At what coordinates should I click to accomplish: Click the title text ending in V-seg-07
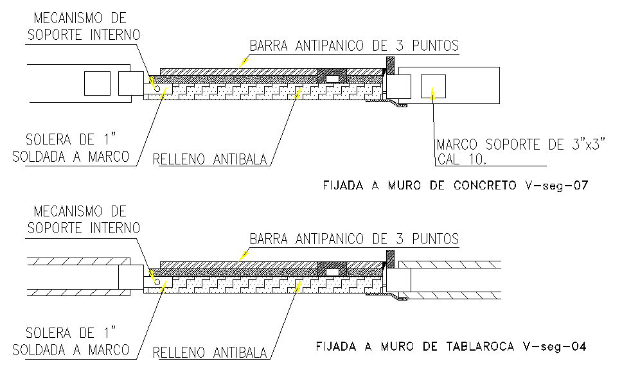(x=455, y=186)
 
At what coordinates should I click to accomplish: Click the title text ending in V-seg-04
(x=450, y=347)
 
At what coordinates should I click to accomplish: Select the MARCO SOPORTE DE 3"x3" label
(x=521, y=145)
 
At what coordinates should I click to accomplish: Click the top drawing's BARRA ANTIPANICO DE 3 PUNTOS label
(x=354, y=46)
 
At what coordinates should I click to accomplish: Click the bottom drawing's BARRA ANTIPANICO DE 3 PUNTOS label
(x=354, y=239)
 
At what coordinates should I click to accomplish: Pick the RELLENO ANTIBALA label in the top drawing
(x=209, y=159)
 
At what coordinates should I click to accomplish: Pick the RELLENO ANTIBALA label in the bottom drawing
(x=209, y=352)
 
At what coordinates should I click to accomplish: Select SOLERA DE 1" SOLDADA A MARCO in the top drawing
(x=71, y=147)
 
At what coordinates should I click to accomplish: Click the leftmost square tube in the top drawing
(x=98, y=84)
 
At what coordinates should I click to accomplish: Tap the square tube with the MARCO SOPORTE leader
(x=433, y=86)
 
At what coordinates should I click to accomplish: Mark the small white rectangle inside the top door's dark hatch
(x=333, y=78)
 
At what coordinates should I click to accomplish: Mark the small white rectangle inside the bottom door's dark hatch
(x=333, y=272)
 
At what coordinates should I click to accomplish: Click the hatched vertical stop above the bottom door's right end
(x=390, y=258)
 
